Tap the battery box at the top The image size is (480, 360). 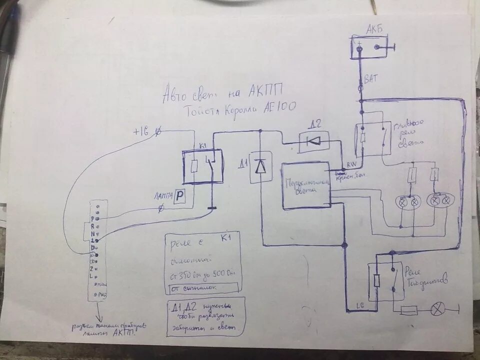(370, 47)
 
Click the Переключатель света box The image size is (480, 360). (306, 185)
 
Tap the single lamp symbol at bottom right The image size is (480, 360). (437, 310)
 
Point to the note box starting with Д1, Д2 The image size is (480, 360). (205, 316)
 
